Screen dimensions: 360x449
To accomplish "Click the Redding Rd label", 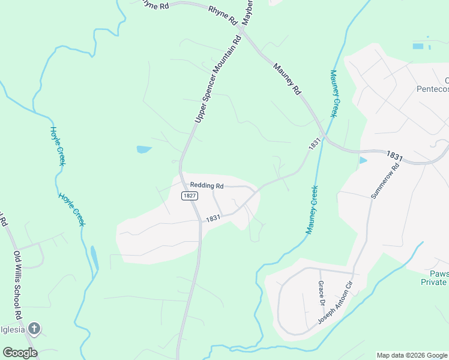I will point(206,186).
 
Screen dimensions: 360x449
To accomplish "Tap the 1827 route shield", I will point(187,196).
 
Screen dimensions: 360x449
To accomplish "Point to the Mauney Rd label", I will point(287,80).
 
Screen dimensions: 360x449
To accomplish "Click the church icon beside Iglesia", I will point(34,328).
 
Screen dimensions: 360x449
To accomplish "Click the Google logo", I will point(19,353).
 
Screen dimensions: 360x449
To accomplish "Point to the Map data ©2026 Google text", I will point(411,355).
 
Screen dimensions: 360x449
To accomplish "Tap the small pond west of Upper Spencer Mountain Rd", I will point(144,149).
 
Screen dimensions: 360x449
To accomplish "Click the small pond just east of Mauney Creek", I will point(363,160).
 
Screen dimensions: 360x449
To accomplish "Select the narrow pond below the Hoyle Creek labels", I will point(94,258).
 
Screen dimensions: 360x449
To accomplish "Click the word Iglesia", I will point(12,329).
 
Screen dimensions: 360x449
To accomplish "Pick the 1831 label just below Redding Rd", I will point(213,219).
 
